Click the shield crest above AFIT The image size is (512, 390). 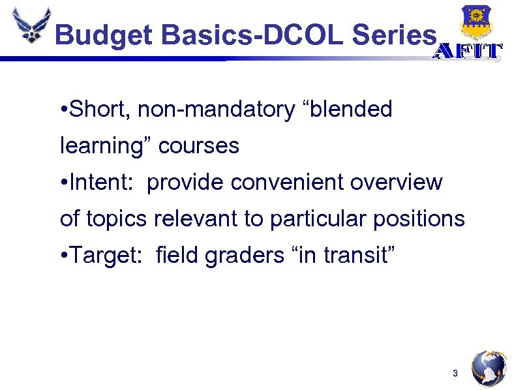tap(476, 22)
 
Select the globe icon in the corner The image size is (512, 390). tap(489, 369)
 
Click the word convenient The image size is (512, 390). tap(288, 183)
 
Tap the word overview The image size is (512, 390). tap(397, 183)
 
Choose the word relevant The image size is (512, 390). tap(196, 219)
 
